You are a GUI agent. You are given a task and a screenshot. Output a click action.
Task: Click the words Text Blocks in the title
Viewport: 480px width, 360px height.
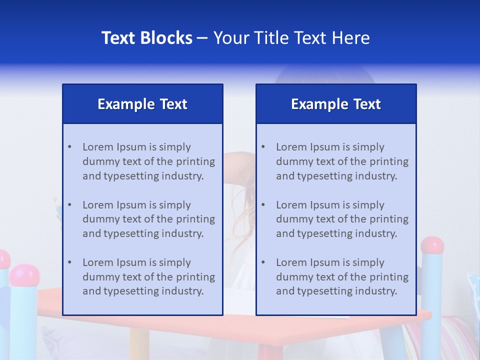[x=147, y=38]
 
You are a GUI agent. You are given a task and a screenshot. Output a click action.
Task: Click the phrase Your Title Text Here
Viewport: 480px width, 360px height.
[x=291, y=38]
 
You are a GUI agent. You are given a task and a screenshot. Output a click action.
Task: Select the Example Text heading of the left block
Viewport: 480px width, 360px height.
[x=142, y=104]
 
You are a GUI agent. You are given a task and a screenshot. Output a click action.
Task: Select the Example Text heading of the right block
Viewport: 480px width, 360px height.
[x=336, y=104]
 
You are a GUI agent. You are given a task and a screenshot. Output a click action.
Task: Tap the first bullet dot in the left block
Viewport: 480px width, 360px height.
[x=69, y=147]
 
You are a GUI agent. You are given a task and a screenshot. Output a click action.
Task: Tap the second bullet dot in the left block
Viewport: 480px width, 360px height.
[x=69, y=205]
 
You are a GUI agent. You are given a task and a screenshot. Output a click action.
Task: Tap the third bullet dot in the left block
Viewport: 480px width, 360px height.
[x=69, y=262]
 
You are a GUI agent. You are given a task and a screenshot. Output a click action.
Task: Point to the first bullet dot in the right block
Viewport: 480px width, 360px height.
[x=263, y=147]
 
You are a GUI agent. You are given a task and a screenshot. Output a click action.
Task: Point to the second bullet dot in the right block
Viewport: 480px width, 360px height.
[x=263, y=205]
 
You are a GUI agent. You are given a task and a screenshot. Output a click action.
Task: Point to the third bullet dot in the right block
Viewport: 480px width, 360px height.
[x=263, y=262]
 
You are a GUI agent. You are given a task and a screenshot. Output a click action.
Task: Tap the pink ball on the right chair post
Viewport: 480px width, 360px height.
[x=432, y=245]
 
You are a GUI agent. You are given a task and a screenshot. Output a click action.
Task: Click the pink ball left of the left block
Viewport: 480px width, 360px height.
[x=24, y=274]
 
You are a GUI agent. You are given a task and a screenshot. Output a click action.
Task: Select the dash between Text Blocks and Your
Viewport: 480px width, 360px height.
[x=202, y=38]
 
